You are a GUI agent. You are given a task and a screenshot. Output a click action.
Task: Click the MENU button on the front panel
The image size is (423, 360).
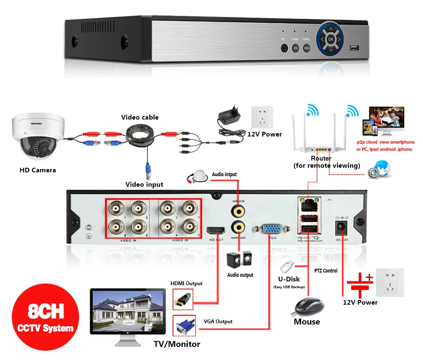click(x=307, y=48)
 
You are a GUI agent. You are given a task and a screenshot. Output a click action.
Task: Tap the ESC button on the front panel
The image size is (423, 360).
click(x=296, y=48)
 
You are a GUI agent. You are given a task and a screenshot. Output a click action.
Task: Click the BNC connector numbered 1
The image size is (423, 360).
click(x=189, y=208)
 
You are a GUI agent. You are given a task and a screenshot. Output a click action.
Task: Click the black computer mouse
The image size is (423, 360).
click(x=308, y=306)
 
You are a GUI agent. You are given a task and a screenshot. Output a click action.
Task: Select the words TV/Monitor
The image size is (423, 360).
click(x=177, y=344)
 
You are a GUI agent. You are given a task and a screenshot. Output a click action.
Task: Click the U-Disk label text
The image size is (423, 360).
click(x=289, y=279)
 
